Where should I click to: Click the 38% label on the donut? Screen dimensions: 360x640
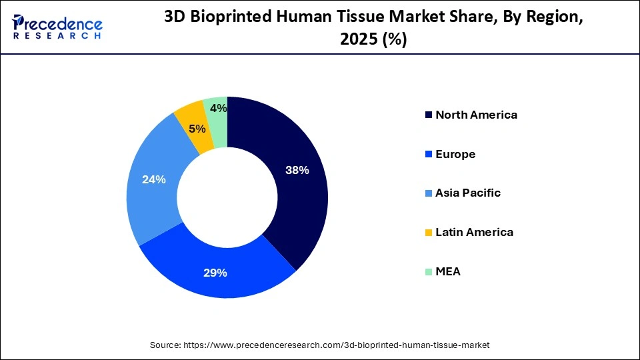click(x=297, y=170)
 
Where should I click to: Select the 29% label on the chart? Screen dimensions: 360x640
click(x=216, y=273)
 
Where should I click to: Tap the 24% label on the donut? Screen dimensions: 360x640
click(x=154, y=179)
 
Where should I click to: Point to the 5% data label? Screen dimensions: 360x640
click(x=197, y=129)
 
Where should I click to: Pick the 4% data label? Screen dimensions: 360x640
click(x=217, y=108)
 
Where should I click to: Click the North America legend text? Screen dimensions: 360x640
click(x=476, y=115)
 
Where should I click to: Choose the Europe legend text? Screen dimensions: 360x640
click(x=455, y=154)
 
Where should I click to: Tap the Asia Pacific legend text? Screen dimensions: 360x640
click(x=467, y=193)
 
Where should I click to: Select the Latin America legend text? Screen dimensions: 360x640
click(x=474, y=233)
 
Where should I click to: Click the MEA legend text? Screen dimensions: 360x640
click(x=448, y=272)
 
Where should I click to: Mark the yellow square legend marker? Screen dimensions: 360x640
click(x=428, y=233)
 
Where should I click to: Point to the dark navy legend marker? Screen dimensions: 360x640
click(x=428, y=115)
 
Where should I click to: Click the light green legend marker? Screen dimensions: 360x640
click(x=428, y=272)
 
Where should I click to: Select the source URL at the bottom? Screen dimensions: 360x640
click(x=319, y=345)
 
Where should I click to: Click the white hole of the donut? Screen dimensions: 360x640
click(x=227, y=197)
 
